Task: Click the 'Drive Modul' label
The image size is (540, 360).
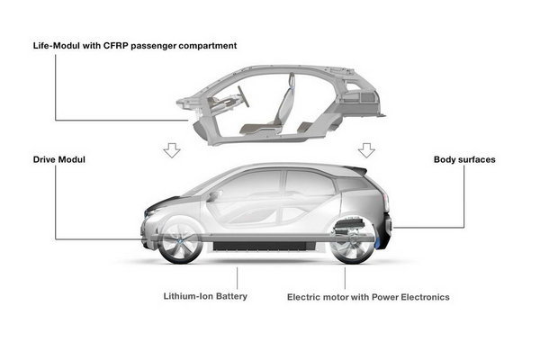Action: click(58, 159)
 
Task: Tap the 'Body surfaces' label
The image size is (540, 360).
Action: click(464, 159)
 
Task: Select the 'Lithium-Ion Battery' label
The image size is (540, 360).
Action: click(205, 296)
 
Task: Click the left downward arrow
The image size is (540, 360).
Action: click(172, 150)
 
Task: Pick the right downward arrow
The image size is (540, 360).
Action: click(366, 150)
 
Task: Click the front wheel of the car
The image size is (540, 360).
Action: click(179, 242)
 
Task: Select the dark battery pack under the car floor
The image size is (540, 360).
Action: click(264, 246)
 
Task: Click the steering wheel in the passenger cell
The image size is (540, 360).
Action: click(243, 96)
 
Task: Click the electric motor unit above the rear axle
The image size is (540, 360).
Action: click(349, 226)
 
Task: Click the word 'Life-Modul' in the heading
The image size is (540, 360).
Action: click(57, 46)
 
